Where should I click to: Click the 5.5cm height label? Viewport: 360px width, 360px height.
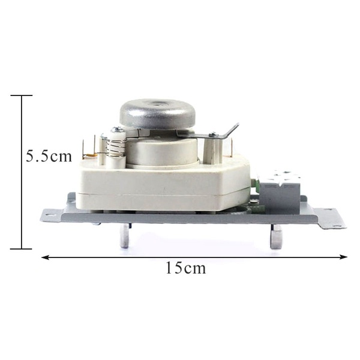(49, 156)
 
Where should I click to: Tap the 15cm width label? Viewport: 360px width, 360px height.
(186, 268)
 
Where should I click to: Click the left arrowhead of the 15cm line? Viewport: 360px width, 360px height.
(45, 257)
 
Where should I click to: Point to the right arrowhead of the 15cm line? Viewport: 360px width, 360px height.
(343, 257)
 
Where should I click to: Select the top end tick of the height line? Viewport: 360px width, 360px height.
(22, 95)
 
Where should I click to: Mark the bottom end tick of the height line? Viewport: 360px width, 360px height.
(22, 248)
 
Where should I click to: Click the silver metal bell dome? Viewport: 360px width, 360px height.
(157, 114)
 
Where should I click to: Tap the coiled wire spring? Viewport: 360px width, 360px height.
(117, 149)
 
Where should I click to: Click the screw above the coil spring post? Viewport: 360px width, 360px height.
(118, 130)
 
